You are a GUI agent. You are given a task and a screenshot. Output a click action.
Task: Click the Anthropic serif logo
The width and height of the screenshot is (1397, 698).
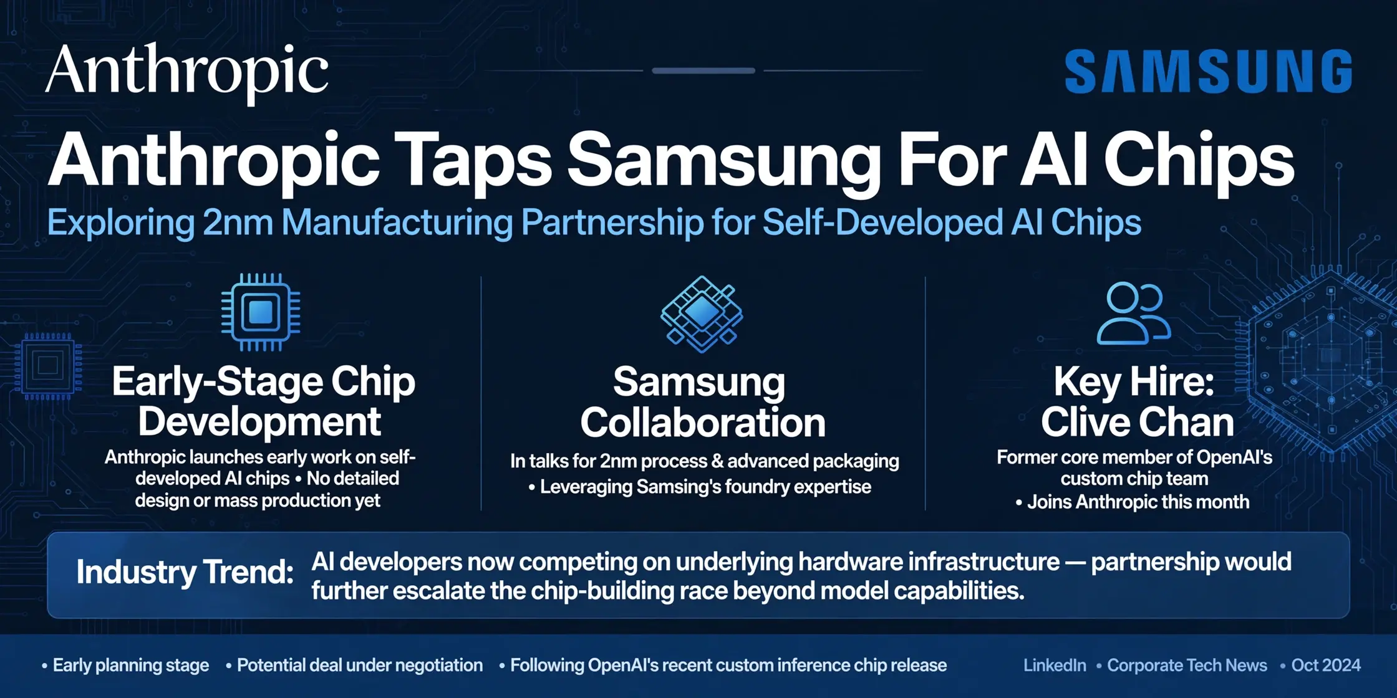pyautogui.click(x=187, y=74)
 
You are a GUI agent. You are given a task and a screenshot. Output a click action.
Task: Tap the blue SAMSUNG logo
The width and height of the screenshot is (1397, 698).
pyautogui.click(x=1209, y=72)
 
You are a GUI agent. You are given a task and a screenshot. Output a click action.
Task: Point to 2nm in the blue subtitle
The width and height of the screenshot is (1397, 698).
pyautogui.click(x=238, y=222)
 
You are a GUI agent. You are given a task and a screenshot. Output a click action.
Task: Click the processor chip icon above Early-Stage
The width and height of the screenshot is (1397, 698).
pyautogui.click(x=261, y=312)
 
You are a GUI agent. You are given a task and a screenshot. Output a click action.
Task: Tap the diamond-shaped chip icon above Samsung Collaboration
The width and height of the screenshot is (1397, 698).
pyautogui.click(x=702, y=313)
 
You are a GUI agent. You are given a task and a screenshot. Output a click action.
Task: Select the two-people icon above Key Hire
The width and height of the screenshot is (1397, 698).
pyautogui.click(x=1134, y=313)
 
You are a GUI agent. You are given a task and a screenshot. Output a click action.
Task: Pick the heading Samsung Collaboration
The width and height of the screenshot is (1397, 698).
pyautogui.click(x=703, y=403)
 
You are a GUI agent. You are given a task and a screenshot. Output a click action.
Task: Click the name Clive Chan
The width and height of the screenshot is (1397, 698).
pyautogui.click(x=1138, y=422)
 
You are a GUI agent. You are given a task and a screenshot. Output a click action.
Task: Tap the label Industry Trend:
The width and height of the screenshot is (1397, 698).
pyautogui.click(x=185, y=572)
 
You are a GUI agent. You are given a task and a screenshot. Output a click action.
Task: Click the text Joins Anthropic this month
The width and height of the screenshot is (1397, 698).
pyautogui.click(x=1138, y=502)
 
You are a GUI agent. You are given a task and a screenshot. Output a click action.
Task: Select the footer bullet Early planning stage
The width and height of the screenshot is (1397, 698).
pyautogui.click(x=130, y=666)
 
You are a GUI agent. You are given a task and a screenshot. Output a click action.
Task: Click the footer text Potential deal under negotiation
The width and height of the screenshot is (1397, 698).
pyautogui.click(x=360, y=666)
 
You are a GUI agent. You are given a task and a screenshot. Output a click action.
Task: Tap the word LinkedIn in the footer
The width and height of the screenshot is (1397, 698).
pyautogui.click(x=1055, y=666)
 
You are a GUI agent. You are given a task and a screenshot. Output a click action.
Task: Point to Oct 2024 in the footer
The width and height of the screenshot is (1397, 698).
pyautogui.click(x=1326, y=666)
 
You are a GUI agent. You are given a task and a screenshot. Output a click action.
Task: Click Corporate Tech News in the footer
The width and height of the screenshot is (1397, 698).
pyautogui.click(x=1187, y=666)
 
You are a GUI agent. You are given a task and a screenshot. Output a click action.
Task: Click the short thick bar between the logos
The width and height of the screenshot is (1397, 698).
pyautogui.click(x=703, y=71)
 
